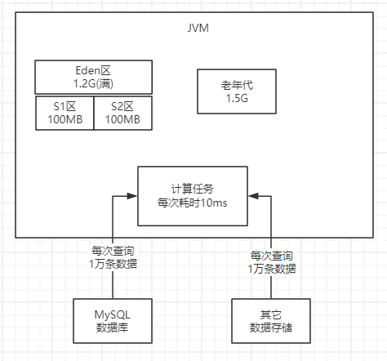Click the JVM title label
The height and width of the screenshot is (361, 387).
[x=197, y=30]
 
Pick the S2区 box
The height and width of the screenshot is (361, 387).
[x=122, y=112]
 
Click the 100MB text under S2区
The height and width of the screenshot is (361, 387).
[x=122, y=119]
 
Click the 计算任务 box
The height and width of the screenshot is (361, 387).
[x=192, y=194]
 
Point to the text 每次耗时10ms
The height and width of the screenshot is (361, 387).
[x=192, y=202]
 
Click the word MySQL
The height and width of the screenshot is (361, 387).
[x=112, y=313]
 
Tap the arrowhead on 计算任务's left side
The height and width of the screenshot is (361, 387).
[x=132, y=195]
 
